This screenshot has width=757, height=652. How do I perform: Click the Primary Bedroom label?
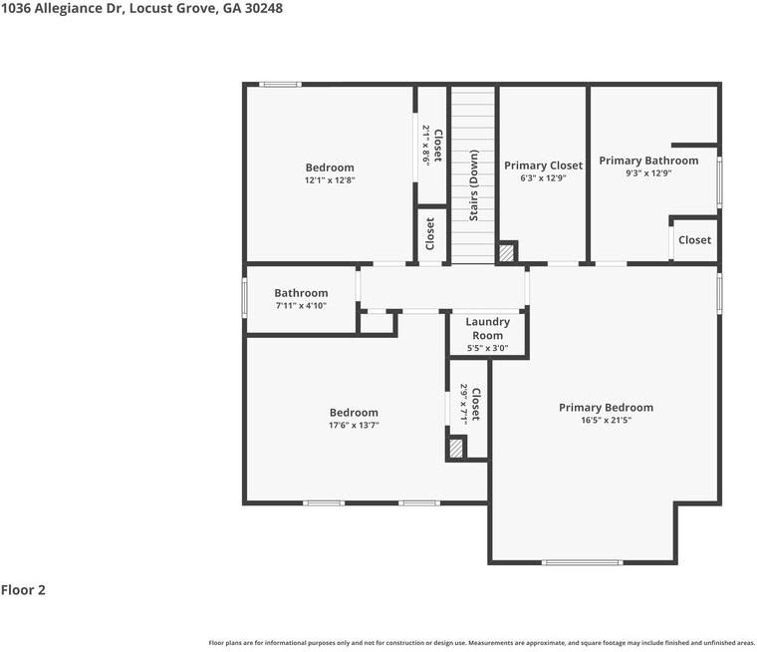coord(606,408)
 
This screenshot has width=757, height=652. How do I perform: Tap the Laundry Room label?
coord(488,328)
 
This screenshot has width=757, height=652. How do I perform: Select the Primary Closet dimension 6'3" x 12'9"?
coord(543,177)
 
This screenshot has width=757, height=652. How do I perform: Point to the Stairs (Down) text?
coord(473,185)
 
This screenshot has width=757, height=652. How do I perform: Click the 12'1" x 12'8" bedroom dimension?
coord(330,180)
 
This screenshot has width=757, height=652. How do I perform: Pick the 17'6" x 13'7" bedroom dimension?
coord(354,426)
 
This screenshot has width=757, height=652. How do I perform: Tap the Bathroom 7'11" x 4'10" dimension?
coord(301,305)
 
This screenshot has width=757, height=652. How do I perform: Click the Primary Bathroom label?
coord(648,161)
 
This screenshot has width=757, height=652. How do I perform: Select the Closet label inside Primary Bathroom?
coord(694,239)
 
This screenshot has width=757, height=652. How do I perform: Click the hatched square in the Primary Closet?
coord(506,253)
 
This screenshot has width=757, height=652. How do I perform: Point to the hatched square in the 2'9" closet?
coord(456,448)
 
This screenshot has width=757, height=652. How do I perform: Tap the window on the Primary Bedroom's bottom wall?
coord(583,562)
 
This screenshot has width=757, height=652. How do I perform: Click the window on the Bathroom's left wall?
coord(244,298)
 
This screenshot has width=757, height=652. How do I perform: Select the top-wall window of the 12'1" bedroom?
coord(281,85)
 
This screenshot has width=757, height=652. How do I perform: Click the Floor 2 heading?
coord(23,590)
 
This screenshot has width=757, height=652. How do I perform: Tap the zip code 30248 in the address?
coord(264,8)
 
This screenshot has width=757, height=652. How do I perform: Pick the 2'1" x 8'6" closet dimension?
coord(426,146)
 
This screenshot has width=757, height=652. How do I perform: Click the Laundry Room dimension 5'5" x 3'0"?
coord(488,348)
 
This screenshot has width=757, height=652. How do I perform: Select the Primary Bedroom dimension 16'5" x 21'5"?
coord(606,420)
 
